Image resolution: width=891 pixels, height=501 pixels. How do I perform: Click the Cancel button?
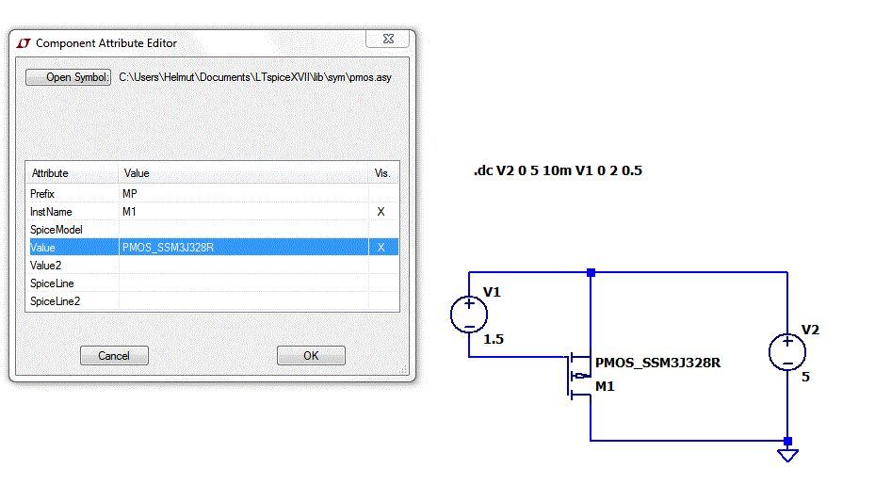coord(113,356)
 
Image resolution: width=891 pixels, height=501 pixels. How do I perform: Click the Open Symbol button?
coord(69,77)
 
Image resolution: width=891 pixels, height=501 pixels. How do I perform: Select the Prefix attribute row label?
coord(43,193)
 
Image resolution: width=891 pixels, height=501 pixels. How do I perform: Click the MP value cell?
coord(130,193)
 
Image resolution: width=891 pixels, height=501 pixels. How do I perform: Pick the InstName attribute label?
coord(51,212)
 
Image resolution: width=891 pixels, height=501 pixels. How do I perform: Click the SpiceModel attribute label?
coord(57,230)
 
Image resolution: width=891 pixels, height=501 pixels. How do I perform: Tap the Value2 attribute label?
coord(46,266)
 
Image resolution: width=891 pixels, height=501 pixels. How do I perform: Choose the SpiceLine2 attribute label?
coord(55,301)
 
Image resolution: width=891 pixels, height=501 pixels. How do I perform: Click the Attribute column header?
coord(50,173)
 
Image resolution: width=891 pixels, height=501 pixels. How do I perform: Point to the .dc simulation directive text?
coord(558,171)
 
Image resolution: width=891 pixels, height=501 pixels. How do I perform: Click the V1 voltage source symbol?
coord(469,314)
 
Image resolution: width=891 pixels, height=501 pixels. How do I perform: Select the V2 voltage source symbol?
coord(787,353)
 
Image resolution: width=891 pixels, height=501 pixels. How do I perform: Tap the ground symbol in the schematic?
coord(787,455)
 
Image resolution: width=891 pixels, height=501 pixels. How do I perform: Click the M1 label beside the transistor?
coord(606,385)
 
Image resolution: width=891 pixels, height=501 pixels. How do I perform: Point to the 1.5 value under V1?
coord(494,339)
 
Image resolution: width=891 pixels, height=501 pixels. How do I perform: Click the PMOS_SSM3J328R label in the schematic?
coord(664,363)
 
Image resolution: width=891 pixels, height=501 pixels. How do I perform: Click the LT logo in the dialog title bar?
coord(23,43)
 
